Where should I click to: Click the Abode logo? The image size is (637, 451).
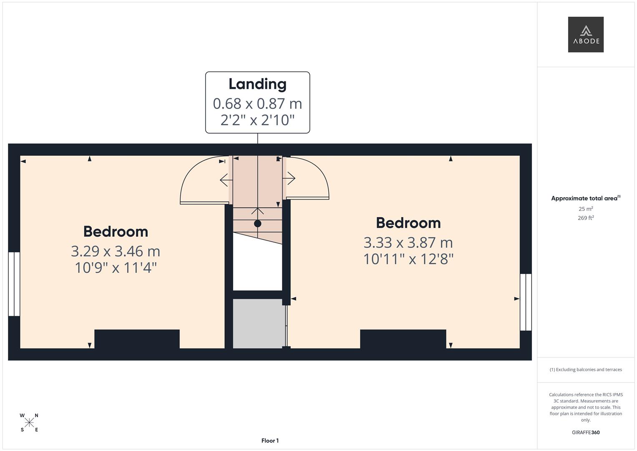click(x=585, y=35)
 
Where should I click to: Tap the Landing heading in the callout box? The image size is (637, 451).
click(x=257, y=84)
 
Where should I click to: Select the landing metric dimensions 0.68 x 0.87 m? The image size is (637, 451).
click(x=257, y=103)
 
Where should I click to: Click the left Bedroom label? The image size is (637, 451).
click(x=116, y=231)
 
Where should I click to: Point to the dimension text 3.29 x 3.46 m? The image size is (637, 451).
click(x=116, y=251)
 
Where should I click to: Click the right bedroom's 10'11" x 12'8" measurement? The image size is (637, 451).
click(x=408, y=259)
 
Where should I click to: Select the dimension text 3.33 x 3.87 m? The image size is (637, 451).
click(x=408, y=242)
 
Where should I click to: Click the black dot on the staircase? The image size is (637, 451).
click(x=257, y=223)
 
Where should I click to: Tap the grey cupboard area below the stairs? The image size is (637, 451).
click(x=257, y=323)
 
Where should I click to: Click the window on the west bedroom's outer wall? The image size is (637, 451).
click(x=14, y=284)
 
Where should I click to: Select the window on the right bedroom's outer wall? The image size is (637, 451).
click(x=526, y=302)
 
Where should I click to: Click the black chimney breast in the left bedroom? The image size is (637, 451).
click(x=137, y=339)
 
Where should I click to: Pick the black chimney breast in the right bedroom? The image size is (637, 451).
click(x=403, y=339)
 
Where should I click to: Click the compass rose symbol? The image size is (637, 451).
click(x=29, y=423)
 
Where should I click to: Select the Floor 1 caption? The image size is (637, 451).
click(x=270, y=441)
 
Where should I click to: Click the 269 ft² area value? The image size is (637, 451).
click(x=585, y=218)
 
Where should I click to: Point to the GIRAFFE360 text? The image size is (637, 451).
click(x=585, y=433)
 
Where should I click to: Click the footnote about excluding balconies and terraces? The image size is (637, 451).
click(x=585, y=370)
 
